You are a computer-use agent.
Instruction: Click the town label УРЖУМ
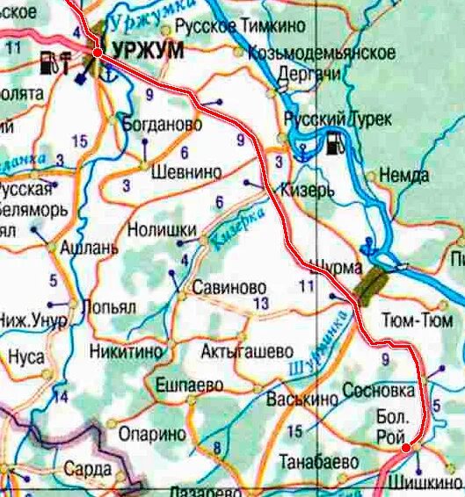[x=147, y=51]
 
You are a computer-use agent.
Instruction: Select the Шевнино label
[x=186, y=172]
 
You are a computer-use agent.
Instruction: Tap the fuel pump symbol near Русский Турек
[x=335, y=144]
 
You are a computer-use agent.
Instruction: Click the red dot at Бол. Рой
[x=406, y=449]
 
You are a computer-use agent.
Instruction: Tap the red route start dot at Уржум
[x=97, y=54]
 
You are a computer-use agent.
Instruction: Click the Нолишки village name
[x=162, y=230]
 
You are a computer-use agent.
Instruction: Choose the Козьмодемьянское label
[x=322, y=53]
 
